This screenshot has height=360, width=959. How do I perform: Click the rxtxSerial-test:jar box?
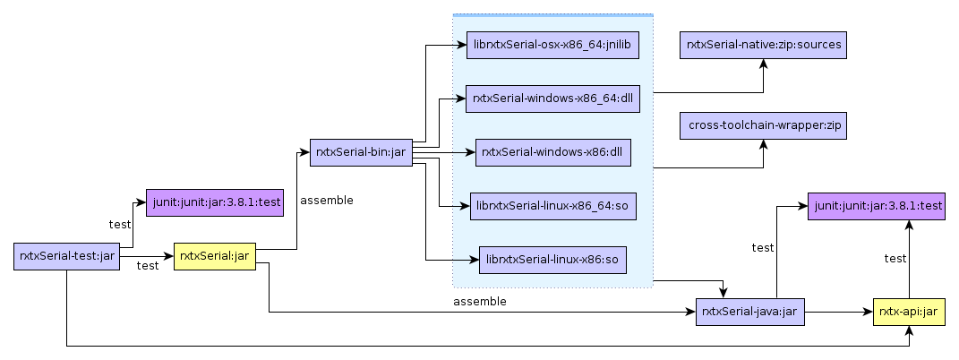point(67,256)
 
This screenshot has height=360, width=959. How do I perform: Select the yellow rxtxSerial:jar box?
point(214,256)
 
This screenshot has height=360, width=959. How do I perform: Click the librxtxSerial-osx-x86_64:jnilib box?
point(552,45)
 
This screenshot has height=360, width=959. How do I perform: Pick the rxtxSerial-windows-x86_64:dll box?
point(552,99)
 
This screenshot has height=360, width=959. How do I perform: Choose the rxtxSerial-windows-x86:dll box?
point(552,152)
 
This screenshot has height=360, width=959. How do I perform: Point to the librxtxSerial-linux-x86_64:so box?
point(552,206)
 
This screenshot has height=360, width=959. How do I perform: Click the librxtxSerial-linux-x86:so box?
point(552,260)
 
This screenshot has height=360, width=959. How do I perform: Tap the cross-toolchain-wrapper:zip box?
point(763,125)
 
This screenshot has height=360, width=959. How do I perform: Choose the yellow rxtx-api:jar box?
point(909,313)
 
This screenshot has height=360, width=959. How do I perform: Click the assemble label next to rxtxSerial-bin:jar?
point(327,201)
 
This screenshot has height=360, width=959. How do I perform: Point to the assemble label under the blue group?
point(480,302)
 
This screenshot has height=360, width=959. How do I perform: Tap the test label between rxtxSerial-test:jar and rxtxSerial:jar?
point(148,266)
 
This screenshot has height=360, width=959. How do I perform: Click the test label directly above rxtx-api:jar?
point(895,259)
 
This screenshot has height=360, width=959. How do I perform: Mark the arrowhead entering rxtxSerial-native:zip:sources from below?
point(763,64)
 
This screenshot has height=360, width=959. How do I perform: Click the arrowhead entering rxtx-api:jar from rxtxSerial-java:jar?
point(868,313)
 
